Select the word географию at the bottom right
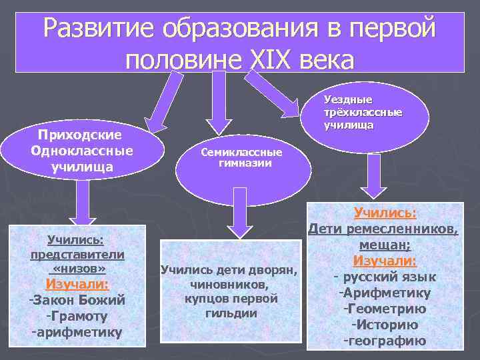coord(385,341)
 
